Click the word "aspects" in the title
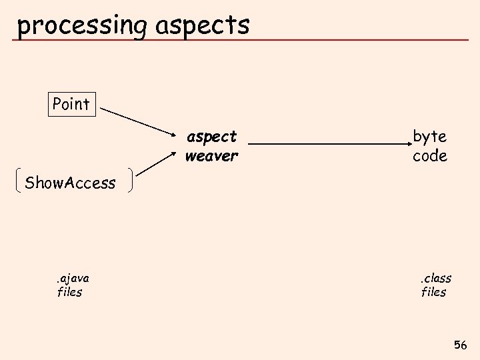[202, 25]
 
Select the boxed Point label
[71, 104]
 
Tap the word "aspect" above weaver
[211, 137]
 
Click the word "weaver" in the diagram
[211, 156]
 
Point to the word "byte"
[429, 137]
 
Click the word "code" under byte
[429, 156]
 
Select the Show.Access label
[70, 182]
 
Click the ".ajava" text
[73, 278]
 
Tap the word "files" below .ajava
[70, 292]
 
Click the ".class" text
[435, 278]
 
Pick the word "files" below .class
[434, 292]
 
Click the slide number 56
[460, 345]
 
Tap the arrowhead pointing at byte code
[409, 143]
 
